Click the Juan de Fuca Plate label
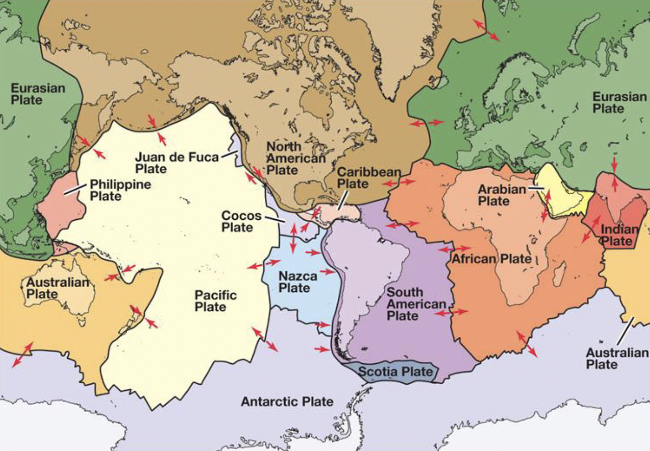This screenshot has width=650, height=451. (x=177, y=163)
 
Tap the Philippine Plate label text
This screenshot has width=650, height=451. (x=120, y=190)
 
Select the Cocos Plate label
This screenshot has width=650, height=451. (x=241, y=221)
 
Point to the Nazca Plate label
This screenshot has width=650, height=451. (x=298, y=282)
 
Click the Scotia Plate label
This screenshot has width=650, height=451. (x=395, y=371)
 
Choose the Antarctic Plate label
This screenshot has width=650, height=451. (x=287, y=402)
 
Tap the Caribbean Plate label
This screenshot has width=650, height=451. (x=369, y=178)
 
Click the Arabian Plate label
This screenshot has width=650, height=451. (x=501, y=195)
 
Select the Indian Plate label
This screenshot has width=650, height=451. (x=619, y=235)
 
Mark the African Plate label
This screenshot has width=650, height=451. (x=491, y=259)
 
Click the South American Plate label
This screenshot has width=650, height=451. (x=416, y=304)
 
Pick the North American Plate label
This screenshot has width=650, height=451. (x=295, y=158)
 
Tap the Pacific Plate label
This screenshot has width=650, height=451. (x=215, y=301)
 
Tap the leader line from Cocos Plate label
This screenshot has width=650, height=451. (x=274, y=219)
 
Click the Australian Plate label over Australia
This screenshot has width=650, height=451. (x=57, y=288)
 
